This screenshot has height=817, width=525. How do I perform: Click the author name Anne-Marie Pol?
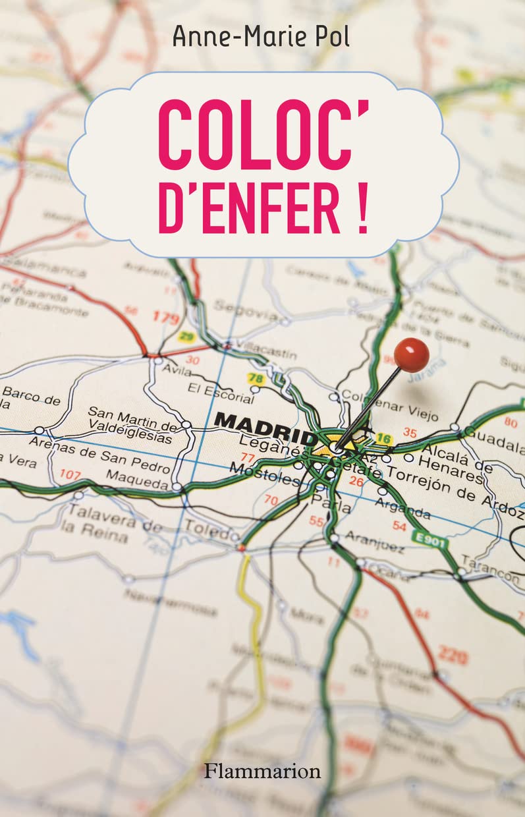click(262, 37)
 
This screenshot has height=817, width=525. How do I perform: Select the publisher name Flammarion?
click(262, 770)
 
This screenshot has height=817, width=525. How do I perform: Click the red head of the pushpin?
click(412, 354)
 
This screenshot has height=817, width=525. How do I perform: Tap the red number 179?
click(166, 318)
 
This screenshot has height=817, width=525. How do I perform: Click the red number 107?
click(70, 474)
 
